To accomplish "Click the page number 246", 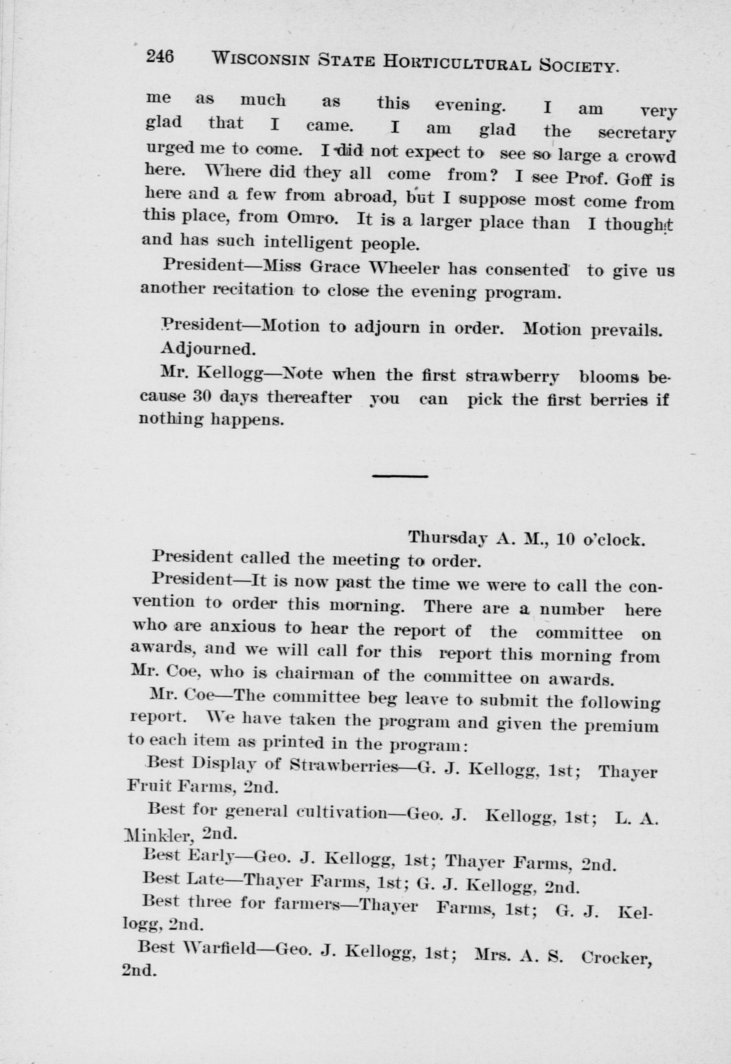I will point(160,57).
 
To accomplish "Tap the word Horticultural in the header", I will point(457,64).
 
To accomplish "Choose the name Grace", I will point(335,267).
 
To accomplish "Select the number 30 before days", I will point(201,396).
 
